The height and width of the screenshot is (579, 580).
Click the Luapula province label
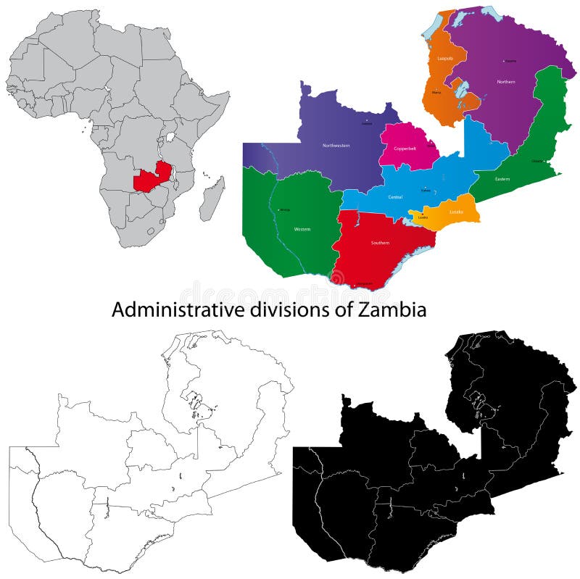(444, 58)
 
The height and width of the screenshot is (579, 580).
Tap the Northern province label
(506, 82)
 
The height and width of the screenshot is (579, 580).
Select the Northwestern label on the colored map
(336, 146)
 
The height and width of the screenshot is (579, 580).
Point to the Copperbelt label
(404, 148)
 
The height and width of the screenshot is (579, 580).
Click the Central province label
(396, 196)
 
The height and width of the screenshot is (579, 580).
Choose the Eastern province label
(502, 178)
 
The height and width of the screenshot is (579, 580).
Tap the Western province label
(302, 229)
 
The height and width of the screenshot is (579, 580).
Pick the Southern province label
(381, 243)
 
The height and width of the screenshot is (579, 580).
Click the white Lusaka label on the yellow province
(456, 212)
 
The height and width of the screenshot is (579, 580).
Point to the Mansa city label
(436, 93)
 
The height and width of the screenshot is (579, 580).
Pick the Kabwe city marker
(423, 190)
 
